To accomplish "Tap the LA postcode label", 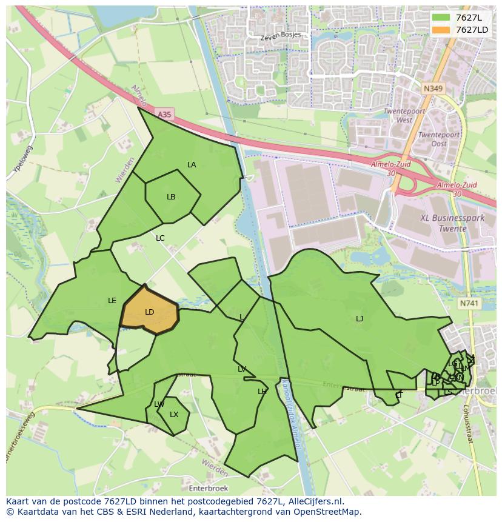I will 192,165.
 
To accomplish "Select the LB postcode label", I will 171,197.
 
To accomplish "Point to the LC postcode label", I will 160,238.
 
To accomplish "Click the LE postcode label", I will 112,301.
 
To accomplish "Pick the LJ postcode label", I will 360,319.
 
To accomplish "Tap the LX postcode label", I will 174,415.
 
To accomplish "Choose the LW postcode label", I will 159,404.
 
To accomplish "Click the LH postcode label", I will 262,392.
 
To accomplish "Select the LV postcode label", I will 242,369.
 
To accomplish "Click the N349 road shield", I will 433,89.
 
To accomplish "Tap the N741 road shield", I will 469,303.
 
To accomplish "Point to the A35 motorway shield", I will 164,114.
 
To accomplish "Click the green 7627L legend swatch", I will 441,17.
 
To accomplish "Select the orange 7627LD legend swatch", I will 441,30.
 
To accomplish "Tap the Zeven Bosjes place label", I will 280,36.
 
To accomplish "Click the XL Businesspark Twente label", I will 444,223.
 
